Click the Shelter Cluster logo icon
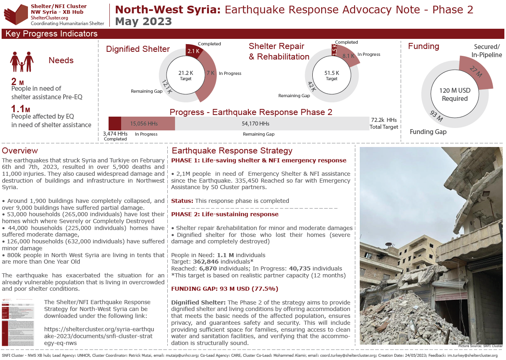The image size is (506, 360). pyautogui.click(x=15, y=14)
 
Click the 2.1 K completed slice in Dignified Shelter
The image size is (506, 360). pyautogui.click(x=193, y=51)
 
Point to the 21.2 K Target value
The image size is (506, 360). pyautogui.click(x=186, y=73)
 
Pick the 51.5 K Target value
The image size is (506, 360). pyautogui.click(x=331, y=73)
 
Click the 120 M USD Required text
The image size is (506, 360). pyautogui.click(x=455, y=94)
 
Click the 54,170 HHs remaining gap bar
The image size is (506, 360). pyautogui.click(x=255, y=124)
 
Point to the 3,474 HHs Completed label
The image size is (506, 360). pyautogui.click(x=115, y=136)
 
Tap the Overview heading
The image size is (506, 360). pyautogui.click(x=20, y=151)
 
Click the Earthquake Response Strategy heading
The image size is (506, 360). pyautogui.click(x=232, y=151)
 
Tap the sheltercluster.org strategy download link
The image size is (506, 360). pyautogui.click(x=99, y=336)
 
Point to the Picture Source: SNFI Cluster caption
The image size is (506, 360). pyautogui.click(x=480, y=346)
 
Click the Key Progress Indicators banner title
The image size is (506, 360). pyautogui.click(x=51, y=34)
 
